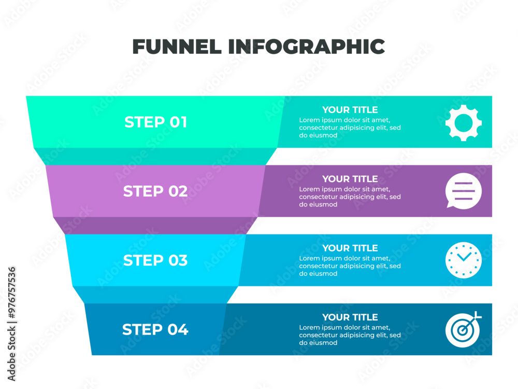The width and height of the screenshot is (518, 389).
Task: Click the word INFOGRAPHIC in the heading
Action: click(x=306, y=46)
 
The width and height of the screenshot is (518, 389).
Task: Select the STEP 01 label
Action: click(x=155, y=122)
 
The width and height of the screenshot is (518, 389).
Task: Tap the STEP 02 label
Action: click(x=155, y=191)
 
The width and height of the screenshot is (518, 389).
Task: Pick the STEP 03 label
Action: click(x=155, y=260)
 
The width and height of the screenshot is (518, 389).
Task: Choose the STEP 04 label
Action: click(x=155, y=329)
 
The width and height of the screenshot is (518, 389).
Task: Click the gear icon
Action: click(x=463, y=123)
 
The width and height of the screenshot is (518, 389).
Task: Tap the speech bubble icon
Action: click(x=463, y=191)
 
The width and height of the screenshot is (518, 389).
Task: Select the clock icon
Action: click(x=463, y=260)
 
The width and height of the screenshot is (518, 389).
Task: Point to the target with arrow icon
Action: click(x=463, y=329)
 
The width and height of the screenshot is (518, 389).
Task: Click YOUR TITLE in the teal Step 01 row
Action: click(x=350, y=110)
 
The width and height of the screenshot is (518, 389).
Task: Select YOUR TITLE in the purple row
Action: click(x=350, y=179)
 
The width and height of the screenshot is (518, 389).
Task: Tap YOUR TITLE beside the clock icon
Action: click(x=350, y=248)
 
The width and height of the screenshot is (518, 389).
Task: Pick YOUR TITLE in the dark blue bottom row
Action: click(x=350, y=317)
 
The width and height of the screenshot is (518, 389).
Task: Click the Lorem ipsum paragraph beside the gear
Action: click(x=350, y=128)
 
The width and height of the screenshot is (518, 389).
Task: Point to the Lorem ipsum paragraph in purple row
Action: click(x=350, y=197)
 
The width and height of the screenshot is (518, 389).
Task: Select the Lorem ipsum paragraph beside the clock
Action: click(x=350, y=266)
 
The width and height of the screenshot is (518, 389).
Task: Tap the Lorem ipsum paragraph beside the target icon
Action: click(x=350, y=335)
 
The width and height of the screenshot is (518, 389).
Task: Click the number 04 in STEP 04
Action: click(x=178, y=329)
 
